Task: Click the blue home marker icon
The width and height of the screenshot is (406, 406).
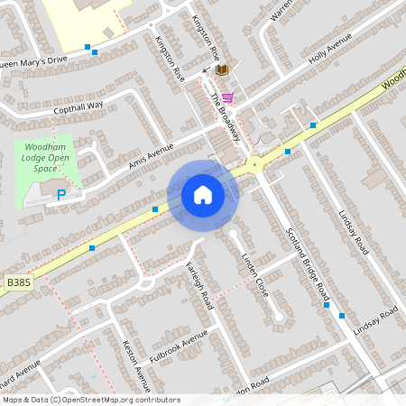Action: click(x=202, y=194)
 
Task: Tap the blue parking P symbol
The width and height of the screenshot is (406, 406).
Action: click(x=61, y=194)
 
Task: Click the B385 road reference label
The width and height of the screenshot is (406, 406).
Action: click(x=18, y=282)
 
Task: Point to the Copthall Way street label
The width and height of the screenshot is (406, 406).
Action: click(x=78, y=106)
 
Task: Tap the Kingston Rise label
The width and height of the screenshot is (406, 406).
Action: click(x=170, y=60)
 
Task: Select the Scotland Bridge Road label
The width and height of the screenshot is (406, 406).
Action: click(x=307, y=262)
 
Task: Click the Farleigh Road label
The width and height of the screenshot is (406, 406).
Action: click(x=198, y=283)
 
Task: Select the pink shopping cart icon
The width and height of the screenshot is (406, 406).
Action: click(x=227, y=97)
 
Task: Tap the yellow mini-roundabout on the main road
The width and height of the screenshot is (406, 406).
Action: click(x=254, y=163)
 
